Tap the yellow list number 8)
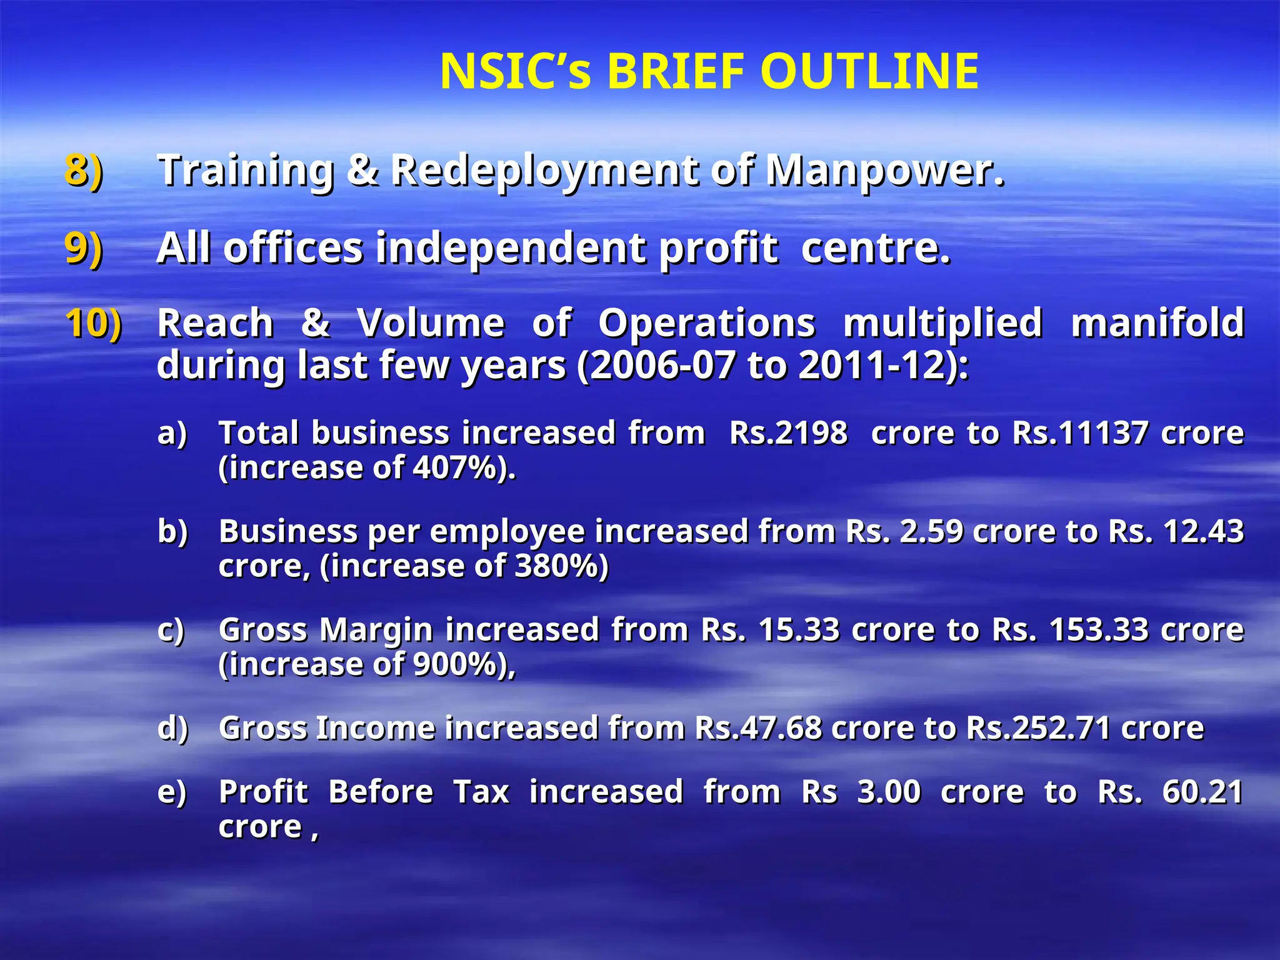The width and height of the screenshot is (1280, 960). (84, 170)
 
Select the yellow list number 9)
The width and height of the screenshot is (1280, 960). (84, 248)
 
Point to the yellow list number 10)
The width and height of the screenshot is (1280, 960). (94, 324)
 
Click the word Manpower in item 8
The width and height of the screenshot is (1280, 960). (884, 170)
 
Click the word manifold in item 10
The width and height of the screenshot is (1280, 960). (1157, 324)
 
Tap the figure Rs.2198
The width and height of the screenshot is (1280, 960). (788, 433)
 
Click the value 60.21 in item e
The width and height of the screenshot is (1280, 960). (1202, 792)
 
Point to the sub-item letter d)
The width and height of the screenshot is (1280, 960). (172, 728)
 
